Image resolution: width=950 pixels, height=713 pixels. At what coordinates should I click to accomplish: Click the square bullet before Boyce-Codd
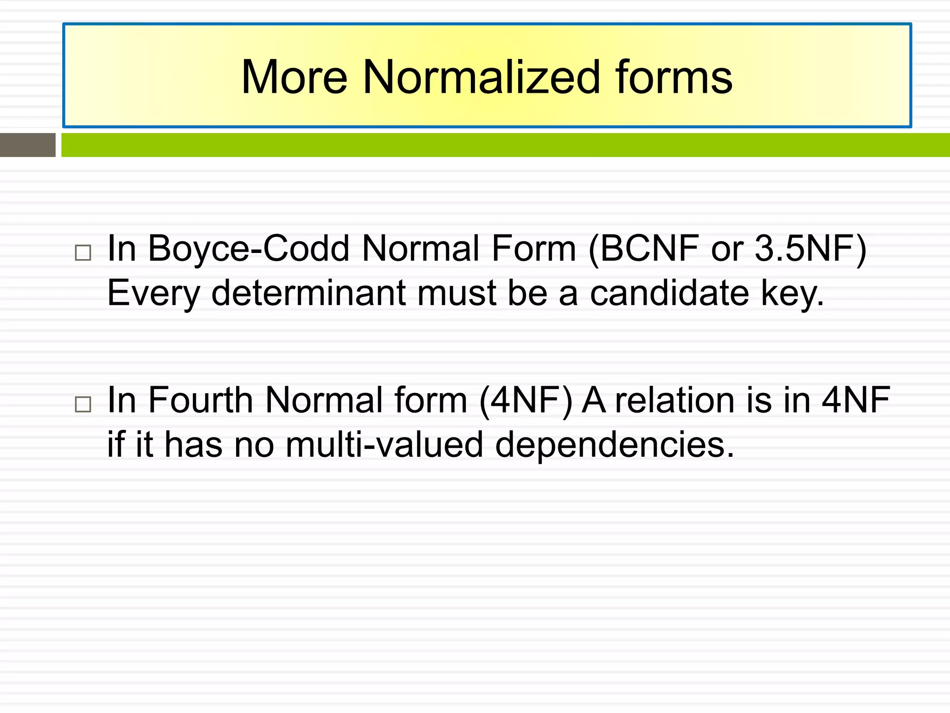tap(83, 253)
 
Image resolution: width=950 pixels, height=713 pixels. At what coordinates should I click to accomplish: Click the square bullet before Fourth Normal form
tap(83, 404)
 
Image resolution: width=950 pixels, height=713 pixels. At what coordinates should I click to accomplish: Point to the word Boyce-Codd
tap(248, 249)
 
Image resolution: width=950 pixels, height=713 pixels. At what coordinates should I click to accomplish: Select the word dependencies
tap(615, 444)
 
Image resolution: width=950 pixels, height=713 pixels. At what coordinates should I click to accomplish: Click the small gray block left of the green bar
tap(28, 145)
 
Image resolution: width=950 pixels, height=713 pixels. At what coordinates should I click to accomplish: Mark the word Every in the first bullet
tap(154, 293)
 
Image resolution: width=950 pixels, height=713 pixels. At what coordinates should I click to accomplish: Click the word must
tap(457, 293)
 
